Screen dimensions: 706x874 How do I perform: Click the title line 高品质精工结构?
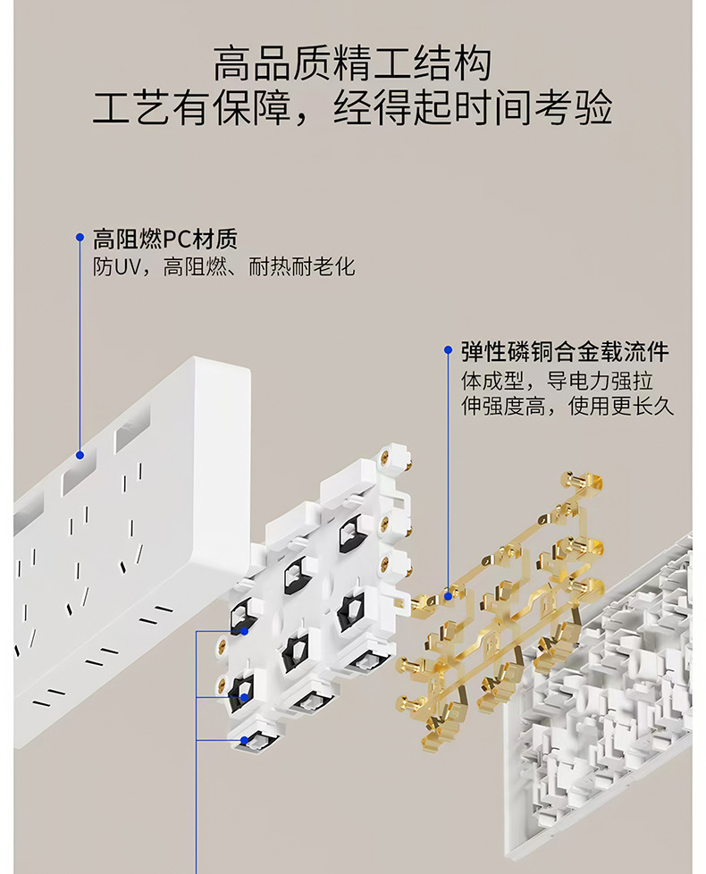[352, 65]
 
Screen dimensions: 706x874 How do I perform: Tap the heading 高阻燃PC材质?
[166, 239]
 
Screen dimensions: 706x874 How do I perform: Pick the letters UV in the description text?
[126, 266]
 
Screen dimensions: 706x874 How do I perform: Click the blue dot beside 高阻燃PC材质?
[80, 238]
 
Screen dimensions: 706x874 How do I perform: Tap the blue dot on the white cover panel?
[80, 454]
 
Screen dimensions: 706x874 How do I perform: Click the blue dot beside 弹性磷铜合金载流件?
[448, 350]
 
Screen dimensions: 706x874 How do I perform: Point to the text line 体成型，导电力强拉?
[556, 381]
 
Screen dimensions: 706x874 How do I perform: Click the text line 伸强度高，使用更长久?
[567, 407]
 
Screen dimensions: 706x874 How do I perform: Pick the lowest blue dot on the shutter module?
[245, 740]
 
